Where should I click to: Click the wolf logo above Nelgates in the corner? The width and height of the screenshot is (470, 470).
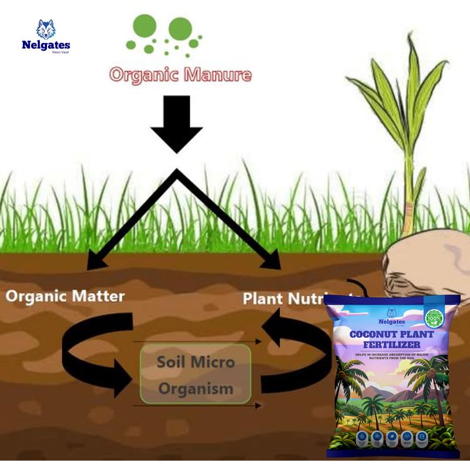point(45,29)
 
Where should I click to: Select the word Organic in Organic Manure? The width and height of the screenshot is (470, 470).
point(145,75)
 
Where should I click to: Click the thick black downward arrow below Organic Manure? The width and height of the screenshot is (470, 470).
point(176,127)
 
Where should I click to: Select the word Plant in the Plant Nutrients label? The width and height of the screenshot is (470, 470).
point(263,298)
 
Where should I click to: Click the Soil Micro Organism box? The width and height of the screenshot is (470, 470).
point(195,374)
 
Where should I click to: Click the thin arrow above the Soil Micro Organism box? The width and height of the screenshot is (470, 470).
point(196,341)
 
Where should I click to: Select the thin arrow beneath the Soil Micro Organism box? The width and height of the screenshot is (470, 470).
point(196,405)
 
